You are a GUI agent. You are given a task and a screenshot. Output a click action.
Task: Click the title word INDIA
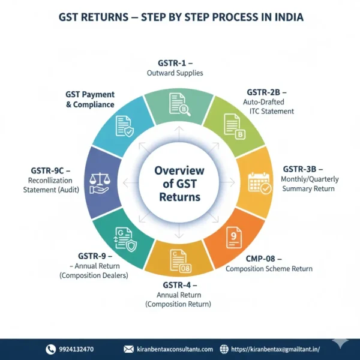point(286,17)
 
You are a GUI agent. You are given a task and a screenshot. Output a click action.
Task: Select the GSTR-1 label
point(175,63)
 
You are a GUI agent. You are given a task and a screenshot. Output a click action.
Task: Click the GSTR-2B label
point(266,92)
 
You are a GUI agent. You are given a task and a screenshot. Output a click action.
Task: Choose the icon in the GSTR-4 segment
point(179,260)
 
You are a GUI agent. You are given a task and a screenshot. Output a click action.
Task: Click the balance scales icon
point(99,183)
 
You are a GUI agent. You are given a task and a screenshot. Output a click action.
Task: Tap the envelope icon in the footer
point(128,349)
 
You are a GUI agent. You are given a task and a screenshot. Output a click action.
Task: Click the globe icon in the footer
point(224,349)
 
